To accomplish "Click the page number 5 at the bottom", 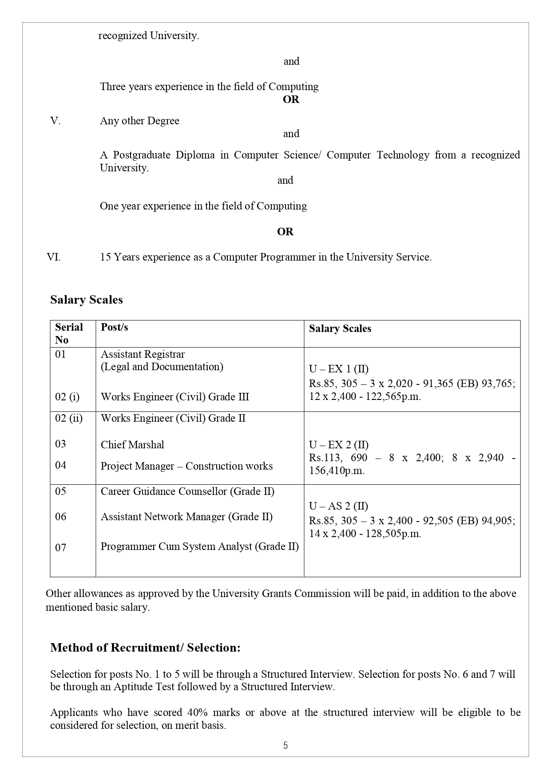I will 285,746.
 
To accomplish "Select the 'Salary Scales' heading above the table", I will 86,300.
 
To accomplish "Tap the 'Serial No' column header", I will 69,333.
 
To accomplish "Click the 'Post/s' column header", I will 114,327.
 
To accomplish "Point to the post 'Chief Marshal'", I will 132,445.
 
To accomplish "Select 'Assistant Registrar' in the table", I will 143,354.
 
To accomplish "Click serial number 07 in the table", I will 61,548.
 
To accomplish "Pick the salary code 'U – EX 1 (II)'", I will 339,369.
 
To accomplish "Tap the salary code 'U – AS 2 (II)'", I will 339,506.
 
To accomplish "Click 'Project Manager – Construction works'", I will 186,466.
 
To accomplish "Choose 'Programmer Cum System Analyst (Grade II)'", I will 199,546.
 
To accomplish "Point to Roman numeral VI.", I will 54,257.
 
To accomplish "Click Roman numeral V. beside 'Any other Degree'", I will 55,121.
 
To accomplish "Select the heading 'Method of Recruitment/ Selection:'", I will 145,648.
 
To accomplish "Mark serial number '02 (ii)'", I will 69,418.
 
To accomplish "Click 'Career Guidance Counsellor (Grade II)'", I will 187,491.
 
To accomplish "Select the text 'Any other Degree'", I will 139,121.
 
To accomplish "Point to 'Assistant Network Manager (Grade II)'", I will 186,517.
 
